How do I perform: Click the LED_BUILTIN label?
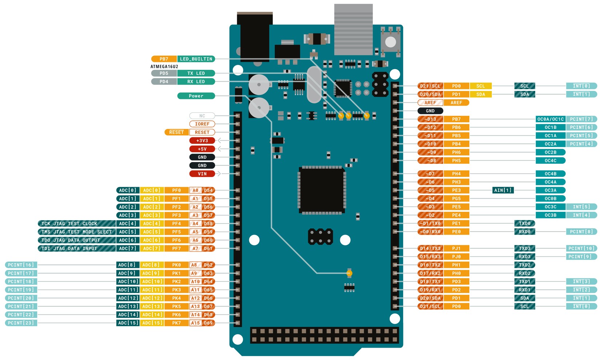click(196, 59)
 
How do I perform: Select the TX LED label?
click(196, 73)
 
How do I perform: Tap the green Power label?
click(196, 96)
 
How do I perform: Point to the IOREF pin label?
click(202, 124)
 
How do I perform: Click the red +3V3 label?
click(202, 141)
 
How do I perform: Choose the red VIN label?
click(202, 174)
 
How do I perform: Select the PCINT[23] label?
click(21, 323)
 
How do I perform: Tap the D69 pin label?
click(208, 323)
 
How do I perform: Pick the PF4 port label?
click(176, 223)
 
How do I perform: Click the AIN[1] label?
click(503, 190)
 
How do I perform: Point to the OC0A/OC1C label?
click(550, 119)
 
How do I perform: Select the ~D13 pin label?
click(430, 119)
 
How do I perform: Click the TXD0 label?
click(525, 223)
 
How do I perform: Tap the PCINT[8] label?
click(581, 232)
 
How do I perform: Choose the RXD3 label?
click(525, 257)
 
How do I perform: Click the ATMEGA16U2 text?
click(164, 67)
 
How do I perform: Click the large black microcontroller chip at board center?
click(322, 190)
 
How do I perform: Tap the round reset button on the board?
click(390, 42)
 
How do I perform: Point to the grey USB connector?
click(353, 29)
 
